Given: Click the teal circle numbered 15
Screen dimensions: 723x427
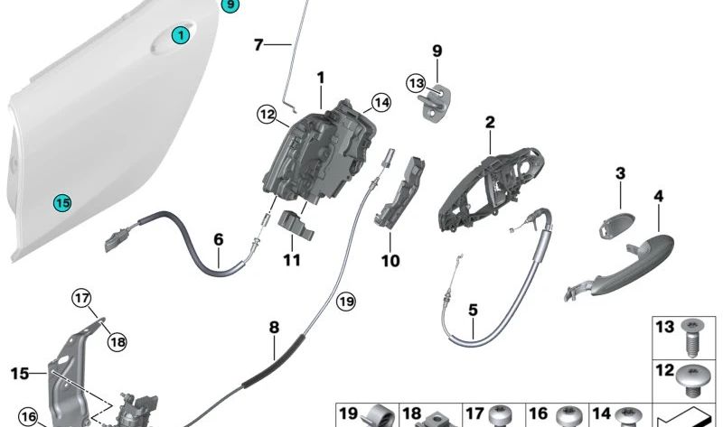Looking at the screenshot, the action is click(62, 203).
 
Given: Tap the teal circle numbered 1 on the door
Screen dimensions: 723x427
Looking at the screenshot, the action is click(181, 35).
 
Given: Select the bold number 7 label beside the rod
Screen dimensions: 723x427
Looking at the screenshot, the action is click(258, 45).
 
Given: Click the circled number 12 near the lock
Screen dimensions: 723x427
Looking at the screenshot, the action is click(267, 115).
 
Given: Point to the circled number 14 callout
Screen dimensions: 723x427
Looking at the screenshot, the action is click(380, 103).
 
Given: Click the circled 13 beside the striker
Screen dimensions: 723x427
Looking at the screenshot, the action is click(416, 84).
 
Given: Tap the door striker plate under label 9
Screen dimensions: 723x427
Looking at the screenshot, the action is click(436, 105).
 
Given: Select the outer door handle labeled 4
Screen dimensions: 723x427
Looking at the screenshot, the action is click(620, 266).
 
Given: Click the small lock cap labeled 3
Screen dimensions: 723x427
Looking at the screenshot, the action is click(616, 224).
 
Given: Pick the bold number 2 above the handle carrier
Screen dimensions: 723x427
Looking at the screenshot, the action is click(490, 122).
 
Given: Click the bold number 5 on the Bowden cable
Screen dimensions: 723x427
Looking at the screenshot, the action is click(473, 310).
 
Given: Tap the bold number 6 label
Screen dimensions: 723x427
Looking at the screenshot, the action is click(219, 239).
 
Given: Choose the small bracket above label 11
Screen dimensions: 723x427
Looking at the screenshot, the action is click(296, 225).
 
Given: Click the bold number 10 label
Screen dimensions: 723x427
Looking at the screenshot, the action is click(390, 261).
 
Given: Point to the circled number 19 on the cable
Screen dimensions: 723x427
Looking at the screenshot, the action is click(346, 302).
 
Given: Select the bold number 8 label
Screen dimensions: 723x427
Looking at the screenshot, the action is click(274, 328).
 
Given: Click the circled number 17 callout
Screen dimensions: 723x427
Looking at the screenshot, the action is click(81, 299).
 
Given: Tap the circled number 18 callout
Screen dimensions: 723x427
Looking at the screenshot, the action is click(117, 342).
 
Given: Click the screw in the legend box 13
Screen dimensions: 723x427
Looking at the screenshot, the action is click(690, 338).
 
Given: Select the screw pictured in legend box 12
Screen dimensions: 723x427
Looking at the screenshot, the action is click(690, 380).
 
